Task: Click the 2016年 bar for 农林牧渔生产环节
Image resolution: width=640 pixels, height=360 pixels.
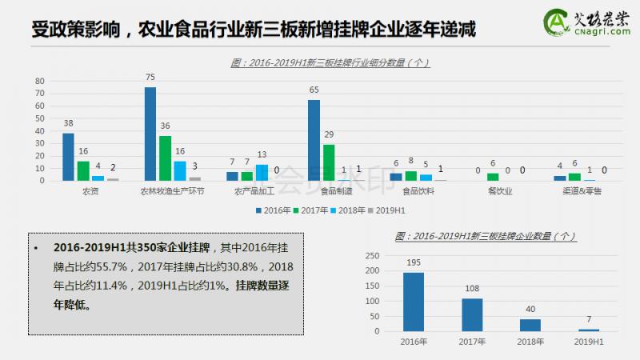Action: tap(150, 134)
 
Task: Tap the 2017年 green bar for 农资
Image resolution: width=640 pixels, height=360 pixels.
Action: tap(83, 170)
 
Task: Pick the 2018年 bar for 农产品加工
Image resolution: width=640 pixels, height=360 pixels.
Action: tap(262, 172)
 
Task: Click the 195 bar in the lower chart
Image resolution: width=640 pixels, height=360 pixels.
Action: tap(413, 302)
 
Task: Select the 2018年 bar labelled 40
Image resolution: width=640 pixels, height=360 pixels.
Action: tap(530, 325)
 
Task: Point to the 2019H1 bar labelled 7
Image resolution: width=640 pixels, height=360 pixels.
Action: tap(588, 330)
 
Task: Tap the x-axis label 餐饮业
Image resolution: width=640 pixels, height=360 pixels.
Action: tap(499, 192)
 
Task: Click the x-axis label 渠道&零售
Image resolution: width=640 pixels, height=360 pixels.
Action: tap(582, 192)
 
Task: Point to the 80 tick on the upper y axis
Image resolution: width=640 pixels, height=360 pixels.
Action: tap(39, 81)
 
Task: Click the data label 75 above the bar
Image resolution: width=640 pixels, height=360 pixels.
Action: tap(150, 77)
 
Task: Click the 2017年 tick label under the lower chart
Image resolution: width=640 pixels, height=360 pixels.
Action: tap(471, 342)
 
